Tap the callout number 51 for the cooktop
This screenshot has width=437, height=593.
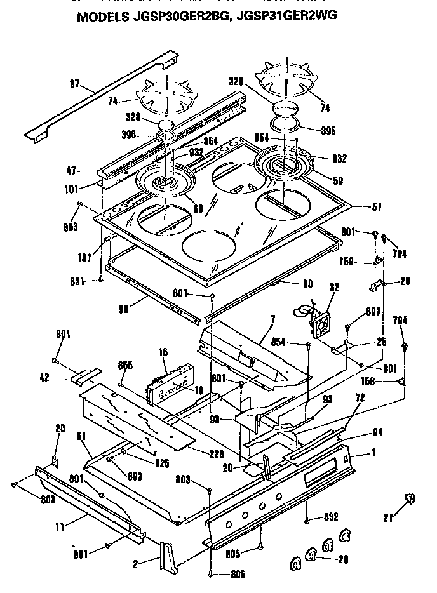pyautogui.click(x=361, y=206)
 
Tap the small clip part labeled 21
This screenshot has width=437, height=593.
pyautogui.click(x=410, y=499)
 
